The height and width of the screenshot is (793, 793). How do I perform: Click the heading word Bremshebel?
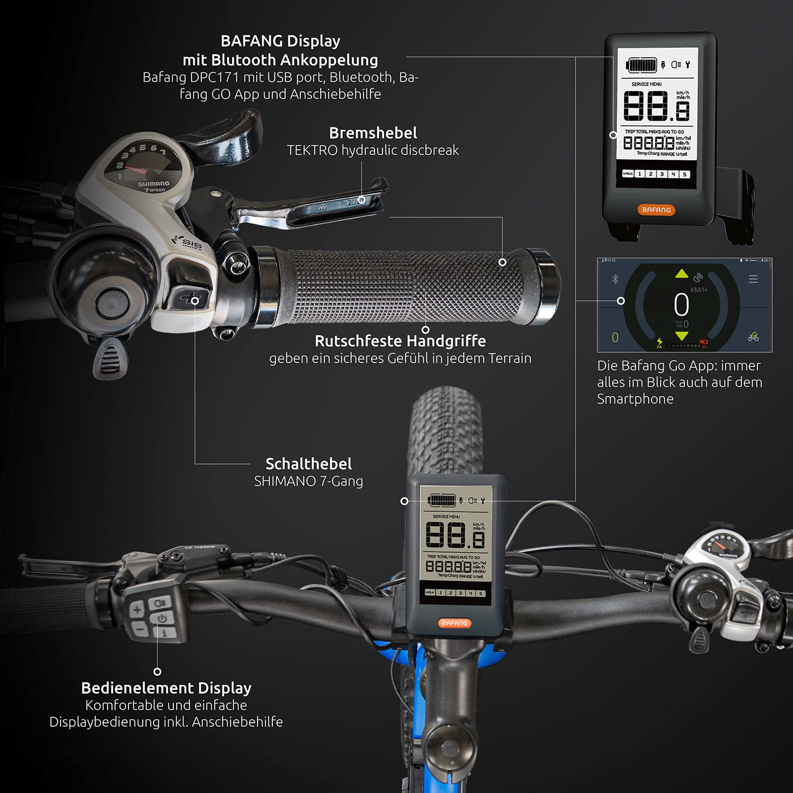point(373,133)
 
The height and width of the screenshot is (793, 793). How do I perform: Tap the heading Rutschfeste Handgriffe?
point(400,341)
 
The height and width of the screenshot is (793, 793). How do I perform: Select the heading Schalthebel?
point(309,464)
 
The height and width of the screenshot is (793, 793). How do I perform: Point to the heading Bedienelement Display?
point(166,688)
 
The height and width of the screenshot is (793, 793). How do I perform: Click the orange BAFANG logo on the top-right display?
point(656,210)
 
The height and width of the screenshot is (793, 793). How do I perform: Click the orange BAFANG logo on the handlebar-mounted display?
point(454,623)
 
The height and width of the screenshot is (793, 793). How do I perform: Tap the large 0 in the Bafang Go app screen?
point(681,305)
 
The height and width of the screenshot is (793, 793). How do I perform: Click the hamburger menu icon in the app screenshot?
point(753,279)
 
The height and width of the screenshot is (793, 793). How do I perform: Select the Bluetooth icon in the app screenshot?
point(615,279)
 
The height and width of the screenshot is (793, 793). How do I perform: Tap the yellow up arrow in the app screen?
point(681,274)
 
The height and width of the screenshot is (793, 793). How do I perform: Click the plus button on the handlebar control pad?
point(137,610)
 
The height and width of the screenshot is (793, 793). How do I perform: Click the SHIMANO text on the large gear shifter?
point(154,184)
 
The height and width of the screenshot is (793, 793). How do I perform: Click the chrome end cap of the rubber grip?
point(545,286)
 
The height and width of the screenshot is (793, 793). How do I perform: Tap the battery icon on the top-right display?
point(642,65)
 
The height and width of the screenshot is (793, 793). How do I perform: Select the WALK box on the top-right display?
point(628,174)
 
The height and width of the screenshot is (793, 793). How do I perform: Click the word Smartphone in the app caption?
point(635,399)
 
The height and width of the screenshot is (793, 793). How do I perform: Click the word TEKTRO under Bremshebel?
point(312,150)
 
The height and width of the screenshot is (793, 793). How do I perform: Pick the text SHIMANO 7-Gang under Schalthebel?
point(308,481)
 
